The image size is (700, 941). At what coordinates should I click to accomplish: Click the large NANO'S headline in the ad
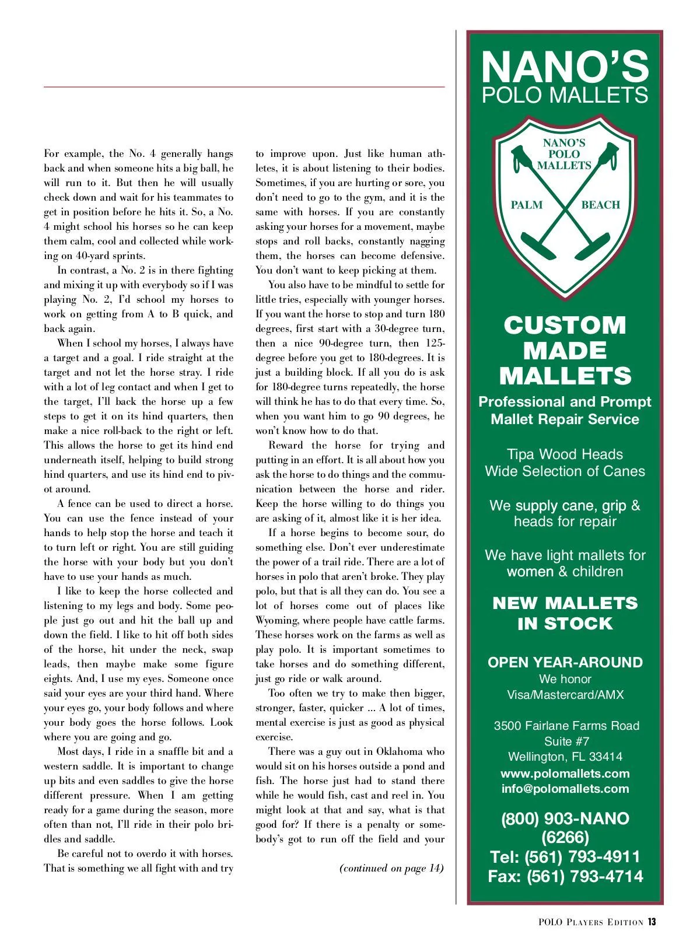tap(565, 67)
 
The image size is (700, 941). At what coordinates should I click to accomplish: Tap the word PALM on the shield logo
tap(526, 205)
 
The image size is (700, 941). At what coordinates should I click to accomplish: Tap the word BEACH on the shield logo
tap(600, 205)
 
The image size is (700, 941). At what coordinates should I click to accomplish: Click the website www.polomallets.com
tap(565, 774)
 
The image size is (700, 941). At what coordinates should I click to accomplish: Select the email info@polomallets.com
tap(565, 789)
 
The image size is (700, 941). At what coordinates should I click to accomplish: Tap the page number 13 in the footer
tap(652, 922)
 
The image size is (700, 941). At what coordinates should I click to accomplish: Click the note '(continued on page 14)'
tap(391, 868)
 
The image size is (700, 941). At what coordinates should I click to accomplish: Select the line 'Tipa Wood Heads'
tap(565, 454)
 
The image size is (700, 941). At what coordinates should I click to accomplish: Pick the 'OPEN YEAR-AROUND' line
tap(565, 663)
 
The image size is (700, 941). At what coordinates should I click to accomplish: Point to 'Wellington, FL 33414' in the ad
tap(565, 757)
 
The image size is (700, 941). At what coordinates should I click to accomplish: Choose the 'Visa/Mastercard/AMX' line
tap(565, 695)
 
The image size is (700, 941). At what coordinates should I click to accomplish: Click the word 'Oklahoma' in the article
tap(401, 751)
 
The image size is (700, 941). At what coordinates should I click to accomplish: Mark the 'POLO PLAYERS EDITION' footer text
tap(590, 922)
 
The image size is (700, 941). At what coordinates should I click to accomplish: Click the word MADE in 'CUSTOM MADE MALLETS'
tap(565, 351)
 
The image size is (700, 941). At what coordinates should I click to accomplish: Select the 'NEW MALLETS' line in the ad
tap(565, 603)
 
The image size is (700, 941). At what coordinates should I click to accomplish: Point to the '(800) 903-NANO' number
tap(565, 818)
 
